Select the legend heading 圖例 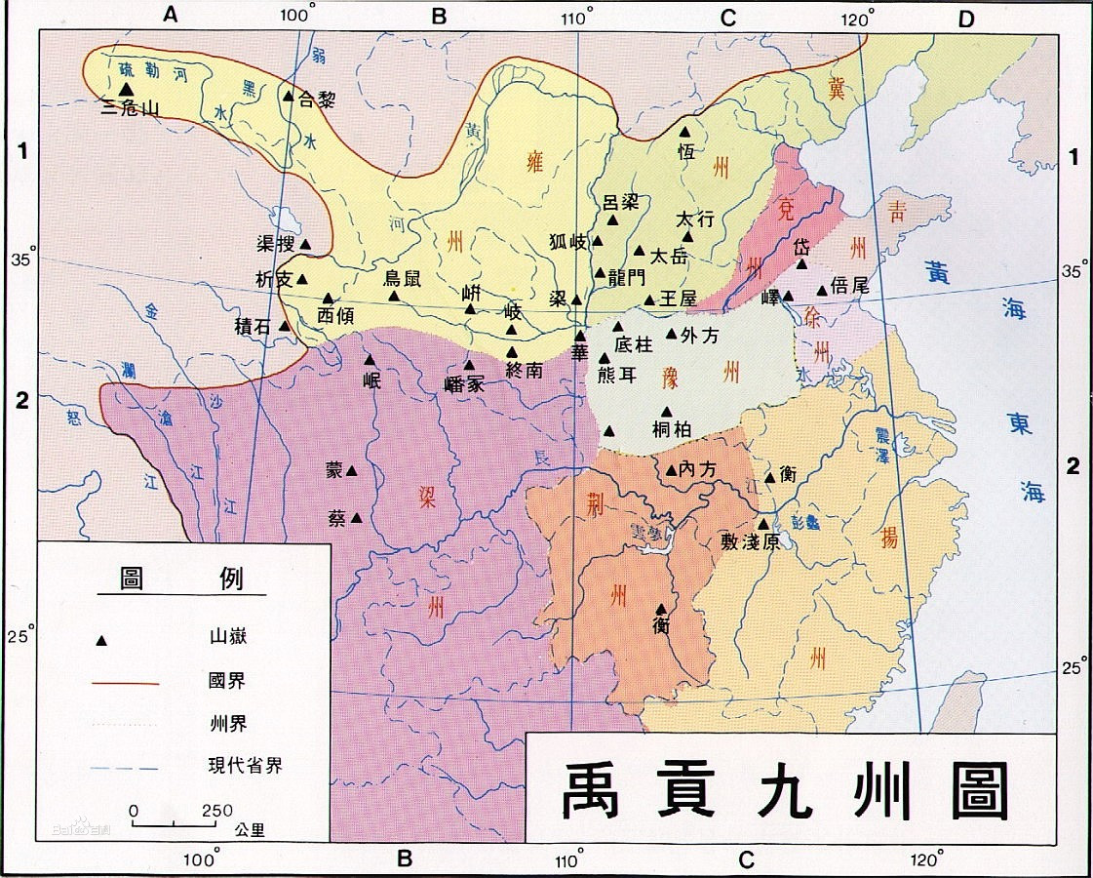pyautogui.click(x=180, y=579)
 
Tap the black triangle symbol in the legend pyautogui.click(x=99, y=641)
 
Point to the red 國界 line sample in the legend pyautogui.click(x=126, y=683)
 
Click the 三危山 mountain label pyautogui.click(x=131, y=107)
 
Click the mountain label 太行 pyautogui.click(x=695, y=219)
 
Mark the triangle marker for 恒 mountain pyautogui.click(x=684, y=131)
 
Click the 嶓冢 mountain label pyautogui.click(x=462, y=384)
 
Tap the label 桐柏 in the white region pyautogui.click(x=672, y=428)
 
